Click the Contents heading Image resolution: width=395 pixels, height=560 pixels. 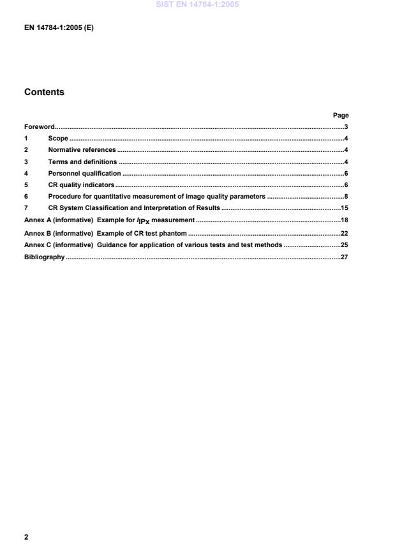pos(44,92)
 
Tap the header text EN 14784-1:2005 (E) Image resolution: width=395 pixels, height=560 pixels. pos(59,28)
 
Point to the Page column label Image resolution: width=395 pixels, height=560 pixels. pos(341,115)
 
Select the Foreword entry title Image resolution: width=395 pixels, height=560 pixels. pos(40,126)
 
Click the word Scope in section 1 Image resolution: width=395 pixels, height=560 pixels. pos(58,139)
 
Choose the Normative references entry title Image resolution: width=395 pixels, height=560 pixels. pos(82,150)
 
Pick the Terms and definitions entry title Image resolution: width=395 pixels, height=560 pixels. pos(82,162)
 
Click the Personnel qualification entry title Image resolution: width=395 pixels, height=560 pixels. pos(84,173)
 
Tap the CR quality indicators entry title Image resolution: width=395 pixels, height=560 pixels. pos(81,185)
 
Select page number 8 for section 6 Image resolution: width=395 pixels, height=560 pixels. pos(345,196)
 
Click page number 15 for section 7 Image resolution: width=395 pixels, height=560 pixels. pos(343,208)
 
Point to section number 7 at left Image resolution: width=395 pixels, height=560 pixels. pos(26,208)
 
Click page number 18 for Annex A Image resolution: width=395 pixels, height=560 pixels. pos(343,220)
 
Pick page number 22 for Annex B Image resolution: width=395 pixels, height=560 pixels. pos(343,233)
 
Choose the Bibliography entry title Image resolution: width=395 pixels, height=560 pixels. pos(45,257)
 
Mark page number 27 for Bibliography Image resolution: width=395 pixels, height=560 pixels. pos(343,257)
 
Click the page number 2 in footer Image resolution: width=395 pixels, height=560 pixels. pos(26,537)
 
